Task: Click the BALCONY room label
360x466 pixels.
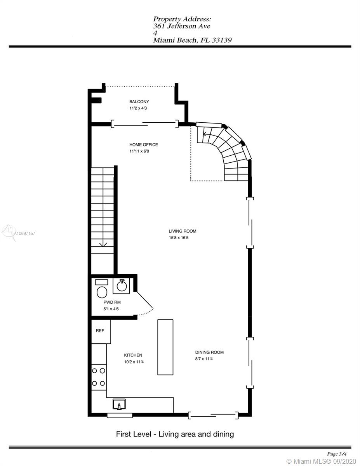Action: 139,102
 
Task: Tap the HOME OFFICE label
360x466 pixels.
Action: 143,144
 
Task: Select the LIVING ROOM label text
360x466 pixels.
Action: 183,231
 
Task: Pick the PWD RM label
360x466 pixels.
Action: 112,302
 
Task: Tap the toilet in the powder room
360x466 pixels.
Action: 102,289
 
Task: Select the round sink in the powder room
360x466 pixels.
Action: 122,286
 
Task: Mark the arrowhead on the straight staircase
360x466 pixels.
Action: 103,245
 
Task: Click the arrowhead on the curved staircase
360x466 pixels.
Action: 204,134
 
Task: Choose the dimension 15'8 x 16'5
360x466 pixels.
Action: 179,238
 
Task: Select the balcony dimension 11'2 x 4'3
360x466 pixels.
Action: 138,108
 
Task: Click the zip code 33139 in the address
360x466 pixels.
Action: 222,40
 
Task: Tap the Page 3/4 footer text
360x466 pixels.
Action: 337,448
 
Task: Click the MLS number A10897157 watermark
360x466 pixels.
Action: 24,233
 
